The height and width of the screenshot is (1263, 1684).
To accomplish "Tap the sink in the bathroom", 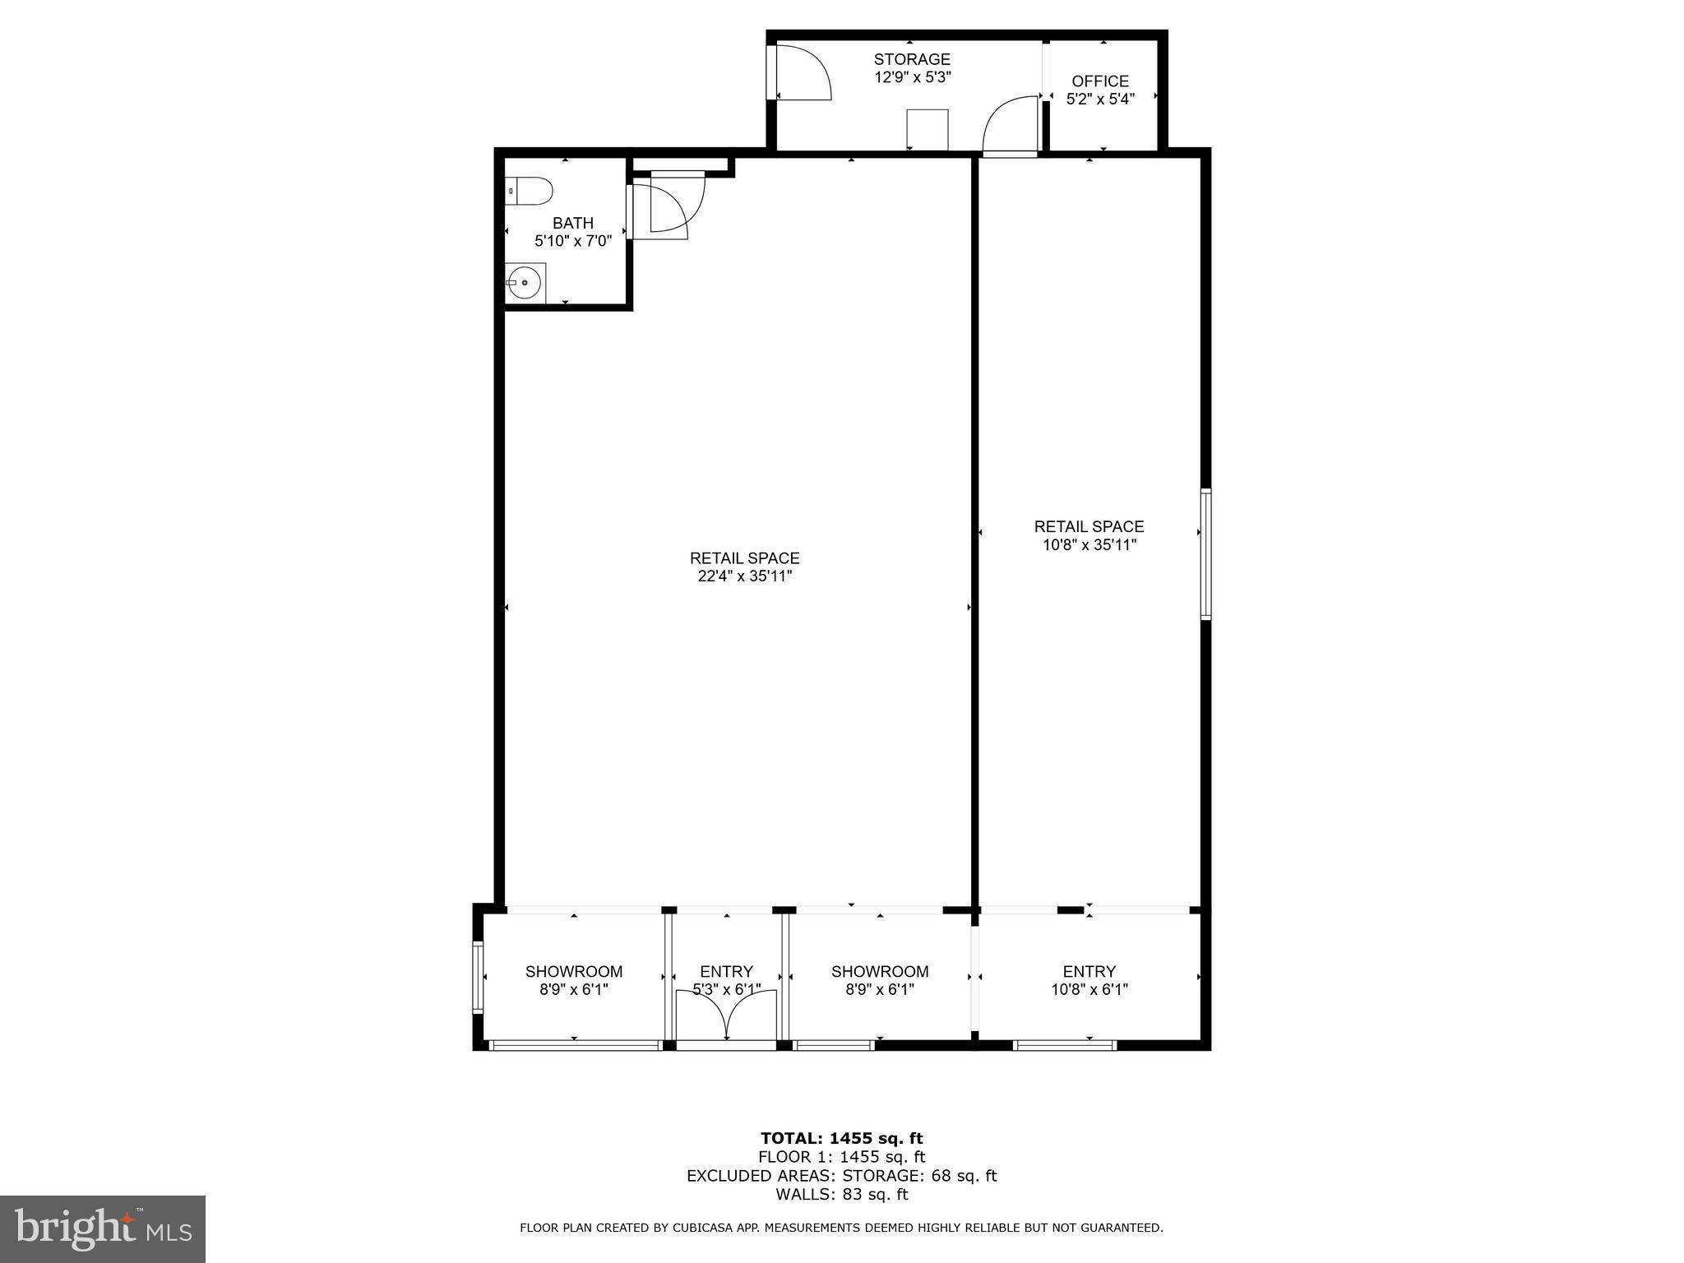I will [x=524, y=283].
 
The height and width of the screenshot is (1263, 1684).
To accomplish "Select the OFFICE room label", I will [x=1100, y=81].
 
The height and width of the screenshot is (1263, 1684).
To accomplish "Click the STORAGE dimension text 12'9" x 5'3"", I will [x=912, y=77].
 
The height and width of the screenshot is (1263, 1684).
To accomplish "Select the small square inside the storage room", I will [x=928, y=130].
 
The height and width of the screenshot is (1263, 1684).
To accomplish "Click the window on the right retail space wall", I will [x=1205, y=553].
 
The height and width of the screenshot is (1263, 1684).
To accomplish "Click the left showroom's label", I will [x=574, y=971].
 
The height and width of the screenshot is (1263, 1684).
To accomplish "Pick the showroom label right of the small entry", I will [x=880, y=971].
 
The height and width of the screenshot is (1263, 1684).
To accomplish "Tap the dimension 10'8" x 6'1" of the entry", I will [x=1090, y=990].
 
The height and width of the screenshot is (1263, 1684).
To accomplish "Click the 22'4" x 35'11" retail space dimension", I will [x=744, y=576].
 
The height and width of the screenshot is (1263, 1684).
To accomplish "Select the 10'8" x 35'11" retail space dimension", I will [x=1090, y=544].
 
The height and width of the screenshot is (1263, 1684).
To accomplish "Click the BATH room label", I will [x=573, y=223].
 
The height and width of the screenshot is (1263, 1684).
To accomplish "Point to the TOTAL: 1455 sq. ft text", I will [x=841, y=1138].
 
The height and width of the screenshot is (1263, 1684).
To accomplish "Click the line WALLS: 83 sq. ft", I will [x=841, y=1194].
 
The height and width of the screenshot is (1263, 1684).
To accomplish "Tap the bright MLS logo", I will [x=103, y=1228].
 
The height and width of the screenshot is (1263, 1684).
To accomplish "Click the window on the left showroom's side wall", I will [x=477, y=978].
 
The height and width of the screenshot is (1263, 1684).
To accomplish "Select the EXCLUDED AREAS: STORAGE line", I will [x=841, y=1176].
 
